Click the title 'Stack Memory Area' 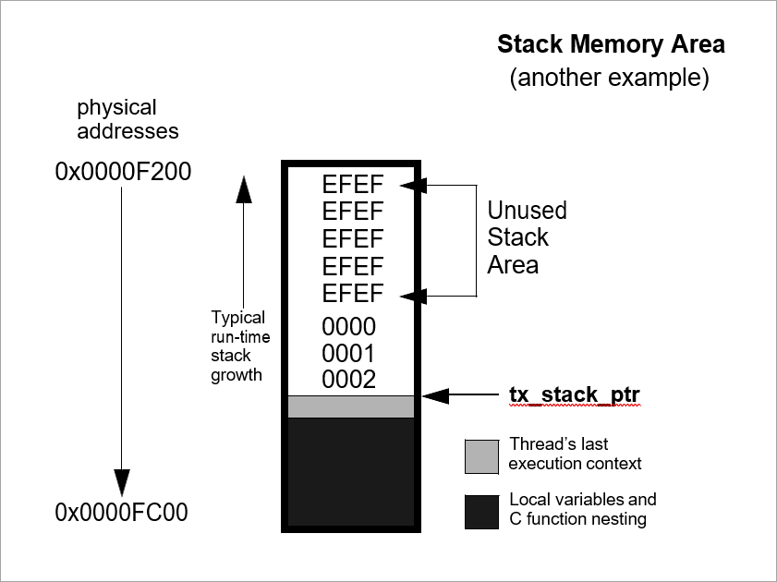[x=611, y=44]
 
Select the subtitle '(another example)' [x=610, y=78]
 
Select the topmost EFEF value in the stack [x=352, y=184]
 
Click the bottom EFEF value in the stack [x=352, y=294]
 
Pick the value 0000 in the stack [x=349, y=326]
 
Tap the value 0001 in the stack [x=349, y=354]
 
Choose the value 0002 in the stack [x=349, y=380]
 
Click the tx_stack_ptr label [x=575, y=395]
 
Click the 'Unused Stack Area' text [x=527, y=237]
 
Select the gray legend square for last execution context [x=482, y=455]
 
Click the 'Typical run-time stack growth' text [x=240, y=345]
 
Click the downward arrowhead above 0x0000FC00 [x=122, y=480]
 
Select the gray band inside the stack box [x=351, y=406]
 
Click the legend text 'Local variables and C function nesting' [x=582, y=509]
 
